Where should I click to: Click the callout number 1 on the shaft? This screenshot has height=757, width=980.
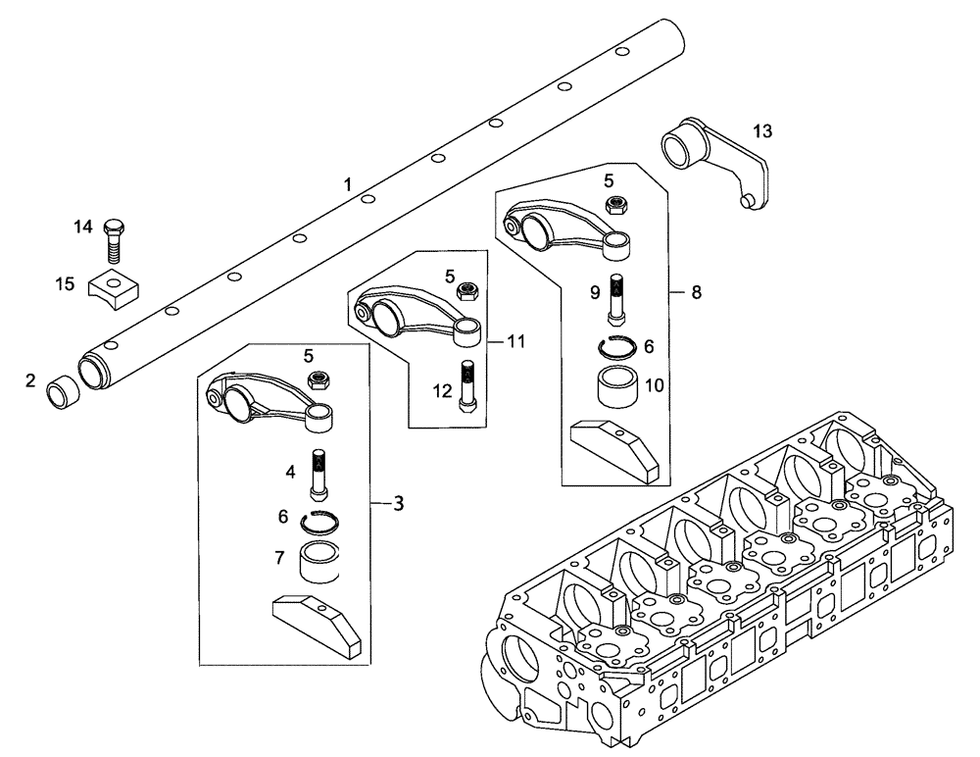click(346, 184)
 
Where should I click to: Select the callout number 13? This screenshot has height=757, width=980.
click(762, 131)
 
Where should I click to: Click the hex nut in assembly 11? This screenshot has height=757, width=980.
click(468, 292)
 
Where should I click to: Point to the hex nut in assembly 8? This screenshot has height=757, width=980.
click(617, 205)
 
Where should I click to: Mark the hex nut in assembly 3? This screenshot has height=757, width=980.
click(318, 378)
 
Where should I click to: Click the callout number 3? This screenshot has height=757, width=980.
click(398, 503)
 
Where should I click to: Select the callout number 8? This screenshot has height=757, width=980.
click(697, 291)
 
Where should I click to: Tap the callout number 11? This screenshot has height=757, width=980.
click(516, 341)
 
